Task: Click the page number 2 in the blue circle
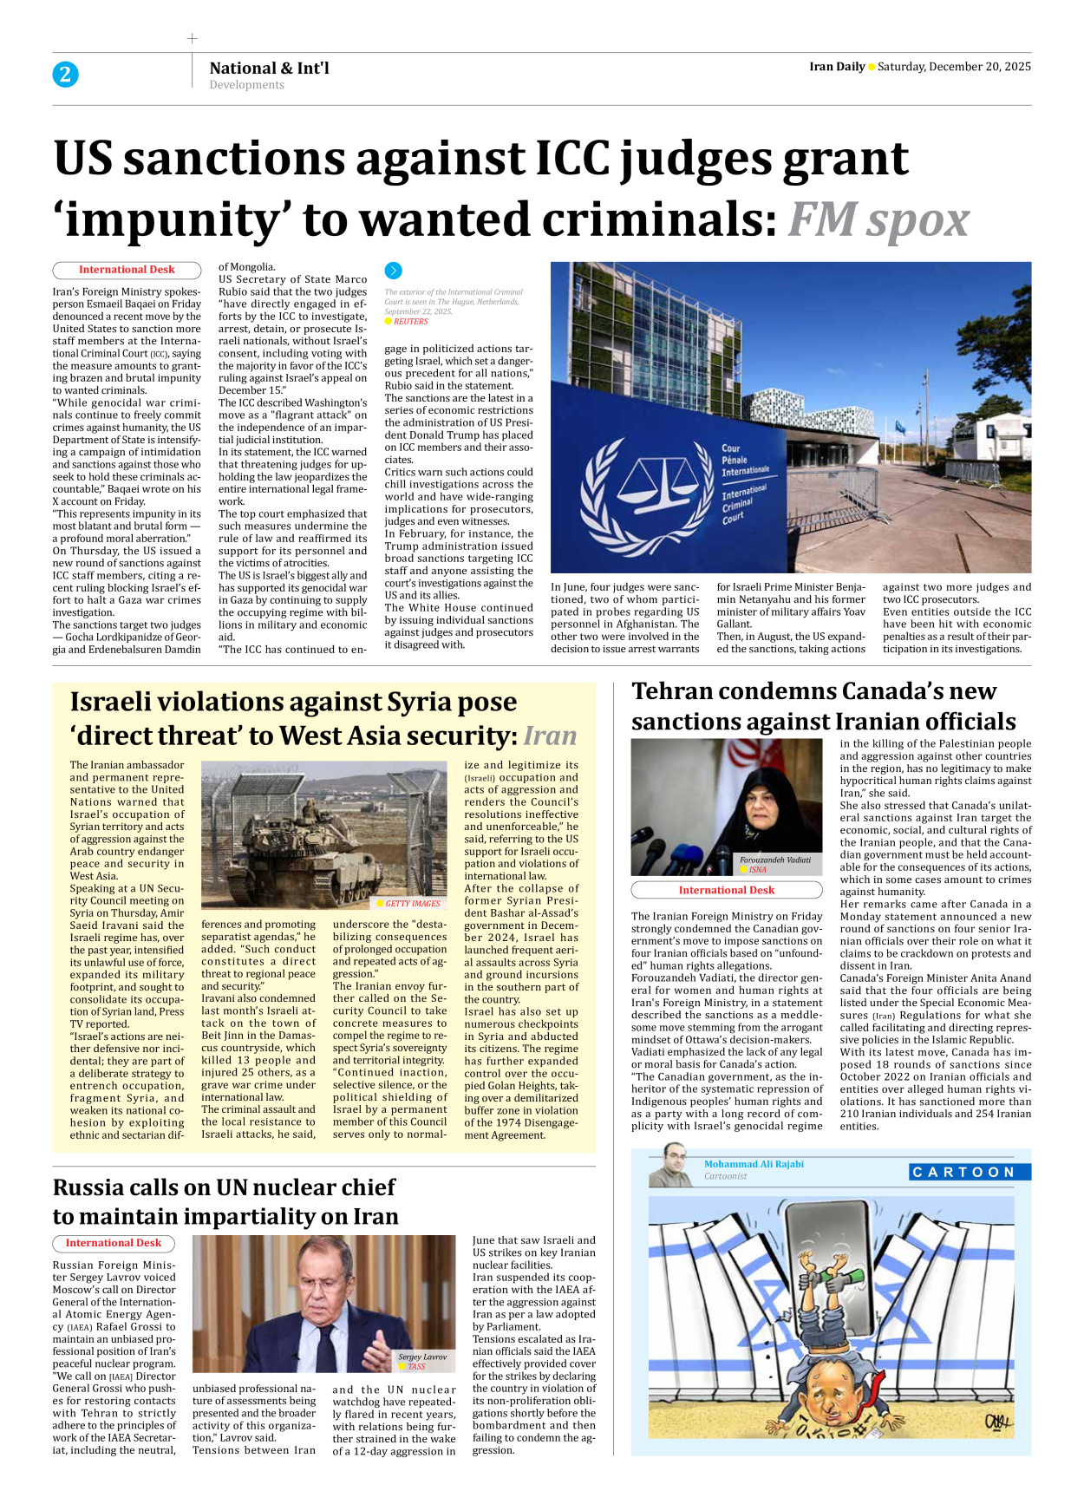click(65, 75)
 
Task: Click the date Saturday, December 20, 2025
click(954, 67)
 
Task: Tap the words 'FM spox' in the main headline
click(878, 219)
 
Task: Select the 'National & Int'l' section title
click(269, 68)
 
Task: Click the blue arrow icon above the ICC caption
click(393, 271)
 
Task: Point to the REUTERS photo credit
click(410, 322)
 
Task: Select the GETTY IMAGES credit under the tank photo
click(412, 903)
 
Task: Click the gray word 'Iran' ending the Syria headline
click(550, 736)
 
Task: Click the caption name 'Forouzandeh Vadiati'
click(774, 860)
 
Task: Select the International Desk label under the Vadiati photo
click(726, 890)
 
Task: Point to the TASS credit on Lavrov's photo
click(416, 1366)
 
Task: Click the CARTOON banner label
click(970, 1172)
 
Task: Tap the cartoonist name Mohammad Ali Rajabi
click(753, 1164)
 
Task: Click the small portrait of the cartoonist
click(670, 1166)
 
